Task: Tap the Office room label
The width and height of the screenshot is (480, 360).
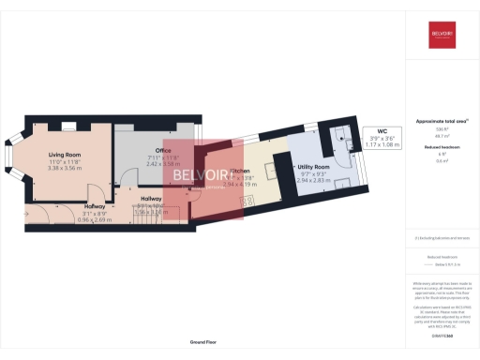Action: pos(142,150)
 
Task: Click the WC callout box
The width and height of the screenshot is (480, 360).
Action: pos(382,138)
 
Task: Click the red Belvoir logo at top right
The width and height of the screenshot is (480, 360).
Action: pos(442,37)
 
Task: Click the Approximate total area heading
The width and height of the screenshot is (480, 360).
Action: pos(442,122)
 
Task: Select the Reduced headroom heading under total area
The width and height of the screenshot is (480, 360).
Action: pos(442,148)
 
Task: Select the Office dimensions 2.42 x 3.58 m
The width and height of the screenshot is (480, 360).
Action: pos(142,163)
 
